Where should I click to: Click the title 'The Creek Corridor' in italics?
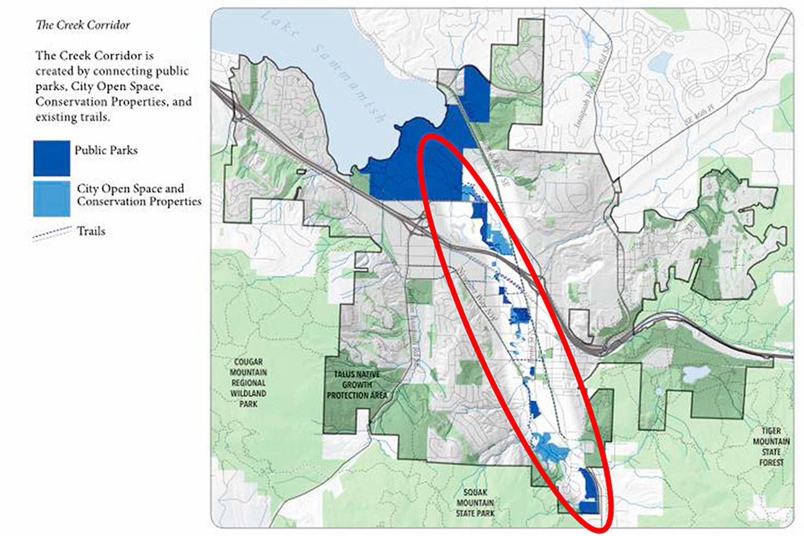pyautogui.click(x=83, y=25)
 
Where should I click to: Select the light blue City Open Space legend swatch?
pyautogui.click(x=52, y=199)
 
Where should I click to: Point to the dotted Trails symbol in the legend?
pyautogui.click(x=52, y=233)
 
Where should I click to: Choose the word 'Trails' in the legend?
pyautogui.click(x=91, y=232)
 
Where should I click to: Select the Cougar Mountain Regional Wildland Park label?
pyautogui.click(x=250, y=383)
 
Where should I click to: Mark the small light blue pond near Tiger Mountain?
pyautogui.click(x=695, y=374)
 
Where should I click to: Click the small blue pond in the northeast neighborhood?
pyautogui.click(x=661, y=62)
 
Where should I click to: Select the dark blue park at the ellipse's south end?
pyautogui.click(x=588, y=491)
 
